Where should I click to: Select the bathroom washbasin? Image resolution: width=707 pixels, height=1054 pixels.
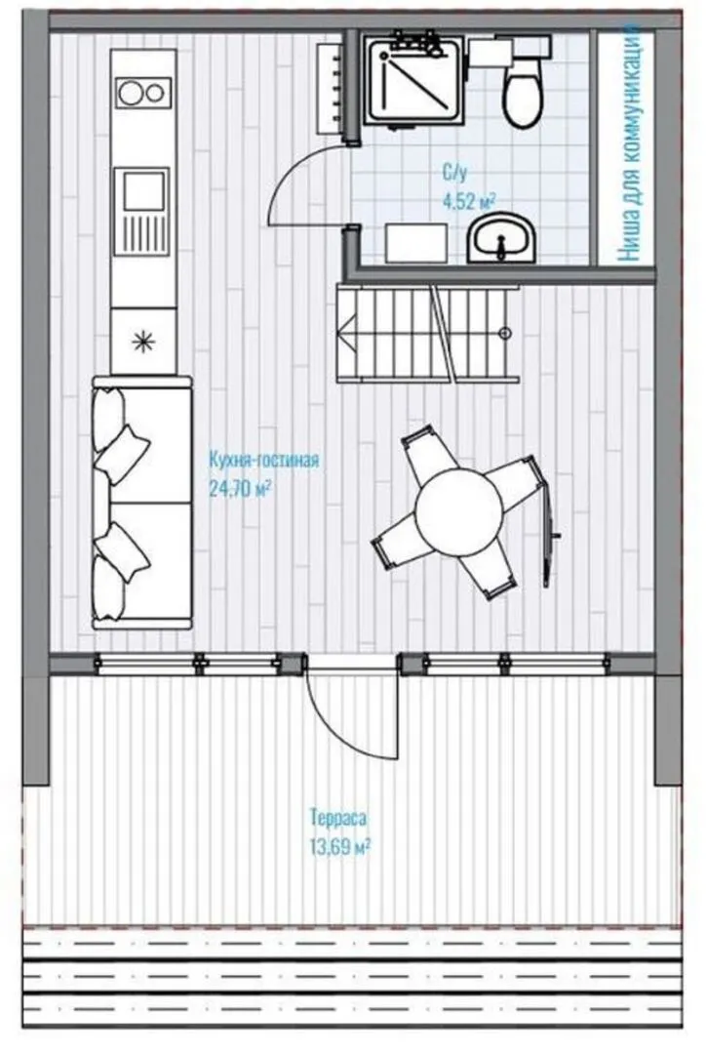click(501, 239)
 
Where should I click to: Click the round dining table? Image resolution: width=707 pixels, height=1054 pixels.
click(458, 513)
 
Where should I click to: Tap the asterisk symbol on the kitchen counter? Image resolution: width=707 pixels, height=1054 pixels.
click(143, 342)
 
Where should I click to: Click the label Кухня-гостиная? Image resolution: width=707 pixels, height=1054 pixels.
click(263, 461)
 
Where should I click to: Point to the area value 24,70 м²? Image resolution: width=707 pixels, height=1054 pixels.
click(240, 488)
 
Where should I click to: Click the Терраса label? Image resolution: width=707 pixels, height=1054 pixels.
click(338, 818)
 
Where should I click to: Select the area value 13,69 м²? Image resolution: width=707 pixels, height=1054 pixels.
click(340, 845)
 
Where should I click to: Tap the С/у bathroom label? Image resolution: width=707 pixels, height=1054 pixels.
click(453, 174)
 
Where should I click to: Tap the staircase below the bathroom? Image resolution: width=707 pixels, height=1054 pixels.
click(428, 333)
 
